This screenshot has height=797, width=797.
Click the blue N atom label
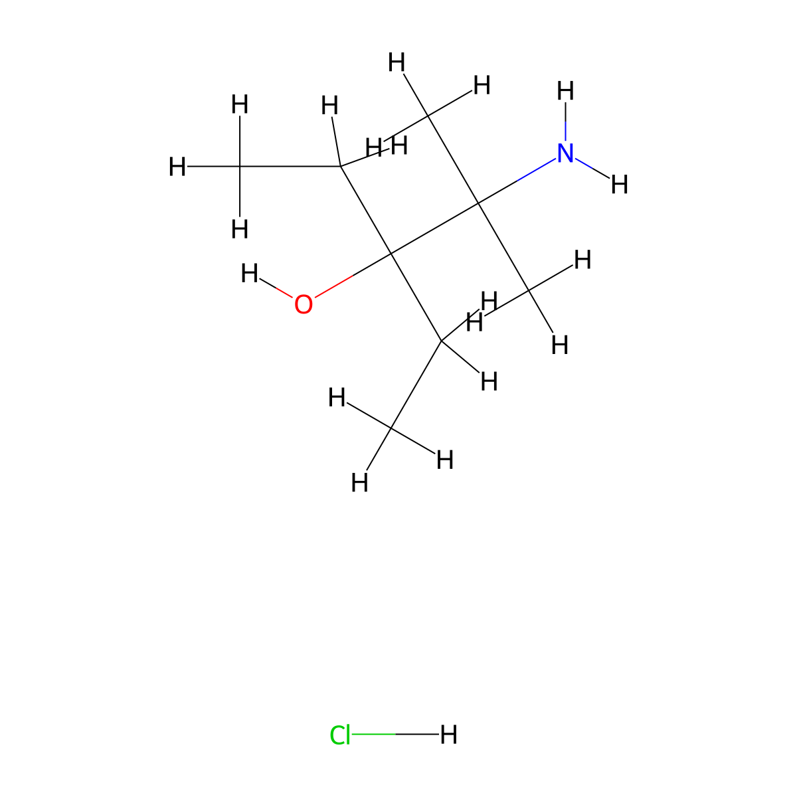click(x=565, y=153)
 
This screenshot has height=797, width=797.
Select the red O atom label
click(x=303, y=304)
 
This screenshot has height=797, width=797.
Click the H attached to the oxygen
click(x=250, y=274)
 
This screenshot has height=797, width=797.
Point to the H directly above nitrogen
click(x=565, y=90)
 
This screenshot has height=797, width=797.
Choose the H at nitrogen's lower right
click(x=619, y=185)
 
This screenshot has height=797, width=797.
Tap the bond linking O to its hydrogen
click(x=276, y=288)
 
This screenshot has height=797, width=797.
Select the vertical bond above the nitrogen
click(x=565, y=122)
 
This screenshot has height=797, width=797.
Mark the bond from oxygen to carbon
click(x=353, y=276)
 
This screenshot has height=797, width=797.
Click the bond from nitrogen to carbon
click(x=517, y=181)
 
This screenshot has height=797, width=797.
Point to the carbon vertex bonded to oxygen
click(x=391, y=253)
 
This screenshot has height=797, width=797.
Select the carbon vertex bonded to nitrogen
click(x=478, y=203)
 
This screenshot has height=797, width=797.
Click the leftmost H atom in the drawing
click(x=177, y=167)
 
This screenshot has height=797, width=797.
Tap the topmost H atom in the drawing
click(x=397, y=62)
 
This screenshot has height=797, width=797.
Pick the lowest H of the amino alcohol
click(x=359, y=482)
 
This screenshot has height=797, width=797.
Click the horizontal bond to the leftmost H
click(x=213, y=166)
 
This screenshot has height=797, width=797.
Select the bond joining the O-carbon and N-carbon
click(x=434, y=228)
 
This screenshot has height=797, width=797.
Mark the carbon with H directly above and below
click(x=240, y=166)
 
